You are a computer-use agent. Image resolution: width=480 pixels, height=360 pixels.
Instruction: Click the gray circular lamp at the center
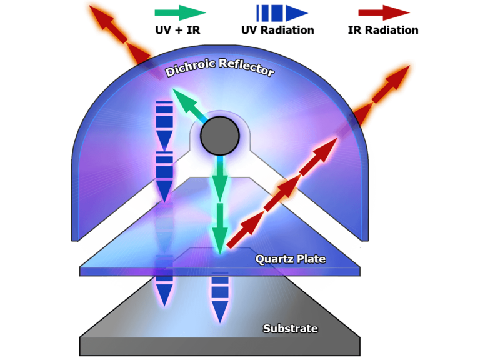(220, 136)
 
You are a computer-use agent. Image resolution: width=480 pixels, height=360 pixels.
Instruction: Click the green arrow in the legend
(180, 12)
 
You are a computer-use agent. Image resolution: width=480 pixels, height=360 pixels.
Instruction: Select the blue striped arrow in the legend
(282, 13)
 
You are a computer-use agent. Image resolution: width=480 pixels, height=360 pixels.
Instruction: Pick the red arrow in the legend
(384, 12)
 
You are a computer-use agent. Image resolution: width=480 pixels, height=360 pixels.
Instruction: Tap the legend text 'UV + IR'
(178, 30)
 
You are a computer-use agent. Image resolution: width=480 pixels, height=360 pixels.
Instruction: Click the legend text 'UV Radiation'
(277, 30)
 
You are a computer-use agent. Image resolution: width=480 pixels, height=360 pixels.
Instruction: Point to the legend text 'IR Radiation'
(383, 30)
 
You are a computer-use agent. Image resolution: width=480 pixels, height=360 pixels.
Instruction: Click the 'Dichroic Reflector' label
(219, 67)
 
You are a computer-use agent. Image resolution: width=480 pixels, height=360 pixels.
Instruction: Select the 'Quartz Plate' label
(291, 259)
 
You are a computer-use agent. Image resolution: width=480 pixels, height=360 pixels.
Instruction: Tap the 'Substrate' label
(291, 329)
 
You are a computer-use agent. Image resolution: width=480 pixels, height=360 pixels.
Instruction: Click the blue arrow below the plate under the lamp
(220, 297)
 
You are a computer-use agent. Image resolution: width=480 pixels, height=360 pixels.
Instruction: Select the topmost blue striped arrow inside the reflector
(164, 125)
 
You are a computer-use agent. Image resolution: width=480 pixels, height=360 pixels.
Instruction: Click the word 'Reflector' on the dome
(247, 67)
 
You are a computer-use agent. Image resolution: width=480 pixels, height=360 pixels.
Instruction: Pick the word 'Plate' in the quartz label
(311, 259)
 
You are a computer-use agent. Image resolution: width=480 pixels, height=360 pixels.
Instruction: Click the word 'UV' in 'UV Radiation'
(249, 30)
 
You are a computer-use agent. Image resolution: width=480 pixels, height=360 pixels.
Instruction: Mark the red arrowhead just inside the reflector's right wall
(326, 149)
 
